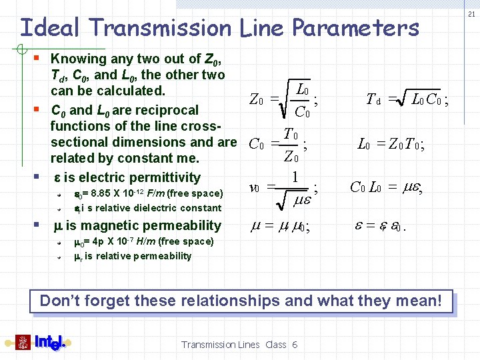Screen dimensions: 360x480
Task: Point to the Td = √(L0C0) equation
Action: coord(407,100)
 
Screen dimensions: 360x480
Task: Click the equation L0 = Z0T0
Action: coord(391,143)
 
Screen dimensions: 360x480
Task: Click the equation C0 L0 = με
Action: coord(387,187)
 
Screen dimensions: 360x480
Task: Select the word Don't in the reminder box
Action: coord(59,301)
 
